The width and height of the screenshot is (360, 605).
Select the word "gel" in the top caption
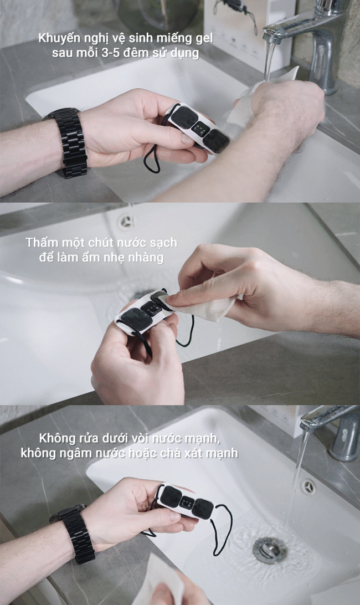203,39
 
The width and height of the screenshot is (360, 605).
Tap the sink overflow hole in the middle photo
126,222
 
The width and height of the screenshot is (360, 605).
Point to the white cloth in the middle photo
207,305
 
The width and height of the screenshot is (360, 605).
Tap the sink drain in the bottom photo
270,550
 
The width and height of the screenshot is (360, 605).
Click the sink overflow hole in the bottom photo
308,487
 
